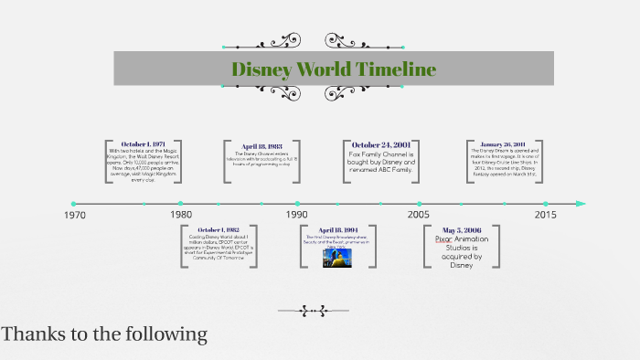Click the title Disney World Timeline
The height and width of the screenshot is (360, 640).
[334, 69]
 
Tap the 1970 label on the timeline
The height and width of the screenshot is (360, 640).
[74, 216]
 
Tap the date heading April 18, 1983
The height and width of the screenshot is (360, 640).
[262, 146]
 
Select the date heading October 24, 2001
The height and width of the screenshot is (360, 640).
[381, 144]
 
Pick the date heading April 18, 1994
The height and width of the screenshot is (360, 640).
[337, 230]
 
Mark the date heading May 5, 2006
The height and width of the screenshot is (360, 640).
[461, 230]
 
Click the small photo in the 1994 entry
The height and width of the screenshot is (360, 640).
[337, 258]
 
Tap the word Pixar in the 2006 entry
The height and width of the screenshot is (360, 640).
[444, 240]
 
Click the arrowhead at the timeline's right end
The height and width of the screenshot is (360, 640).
[580, 204]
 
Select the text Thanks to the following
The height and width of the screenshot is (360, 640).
[104, 334]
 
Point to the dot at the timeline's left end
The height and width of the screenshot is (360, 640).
[73, 204]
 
